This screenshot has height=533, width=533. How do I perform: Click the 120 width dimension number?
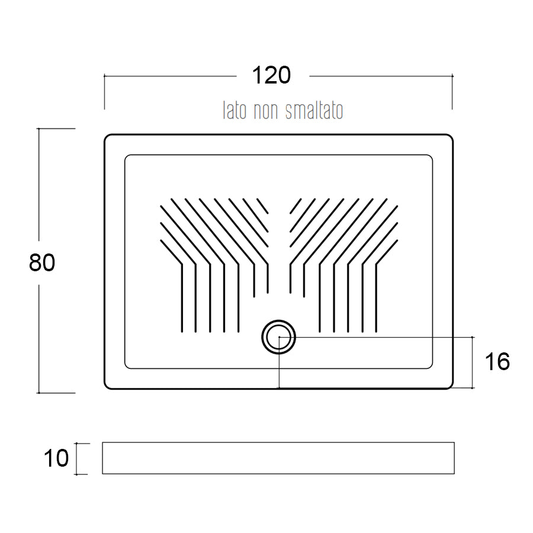pyautogui.click(x=272, y=75)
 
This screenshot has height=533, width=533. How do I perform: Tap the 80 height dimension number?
pyautogui.click(x=42, y=262)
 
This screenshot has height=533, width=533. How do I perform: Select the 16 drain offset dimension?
pyautogui.click(x=496, y=361)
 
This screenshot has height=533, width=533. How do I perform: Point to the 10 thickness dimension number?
pyautogui.click(x=57, y=458)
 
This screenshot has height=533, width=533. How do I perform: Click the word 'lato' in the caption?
pyautogui.click(x=235, y=111)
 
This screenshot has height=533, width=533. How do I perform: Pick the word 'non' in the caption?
pyautogui.click(x=266, y=111)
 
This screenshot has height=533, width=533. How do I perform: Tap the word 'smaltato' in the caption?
pyautogui.click(x=314, y=111)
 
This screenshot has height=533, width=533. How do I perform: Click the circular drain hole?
pyautogui.click(x=278, y=337)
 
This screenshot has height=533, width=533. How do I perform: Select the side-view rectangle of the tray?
pyautogui.click(x=278, y=458)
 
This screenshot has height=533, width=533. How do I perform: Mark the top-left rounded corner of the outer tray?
pyautogui.click(x=107, y=137)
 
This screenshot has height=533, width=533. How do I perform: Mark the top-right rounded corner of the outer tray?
pyautogui.click(x=450, y=137)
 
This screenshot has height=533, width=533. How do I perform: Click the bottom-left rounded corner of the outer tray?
pyautogui.click(x=107, y=386)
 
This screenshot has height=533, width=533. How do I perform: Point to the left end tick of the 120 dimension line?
pyautogui.click(x=105, y=76)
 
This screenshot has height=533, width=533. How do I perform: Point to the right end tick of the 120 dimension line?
pyautogui.click(x=452, y=76)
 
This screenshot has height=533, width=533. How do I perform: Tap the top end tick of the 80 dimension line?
pyautogui.click(x=39, y=129)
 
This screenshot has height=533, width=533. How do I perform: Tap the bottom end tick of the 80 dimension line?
pyautogui.click(x=39, y=393)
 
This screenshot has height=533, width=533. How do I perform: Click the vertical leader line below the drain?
pyautogui.click(x=278, y=370)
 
